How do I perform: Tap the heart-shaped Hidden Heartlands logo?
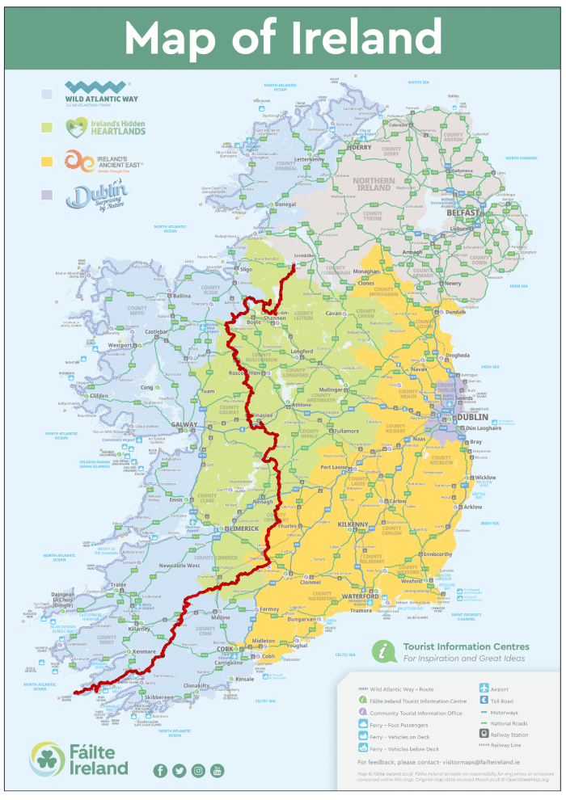76,125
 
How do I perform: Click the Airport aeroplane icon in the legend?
484,688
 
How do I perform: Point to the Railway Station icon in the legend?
484,735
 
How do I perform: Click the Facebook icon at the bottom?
160,770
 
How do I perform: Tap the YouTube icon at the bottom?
217,770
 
